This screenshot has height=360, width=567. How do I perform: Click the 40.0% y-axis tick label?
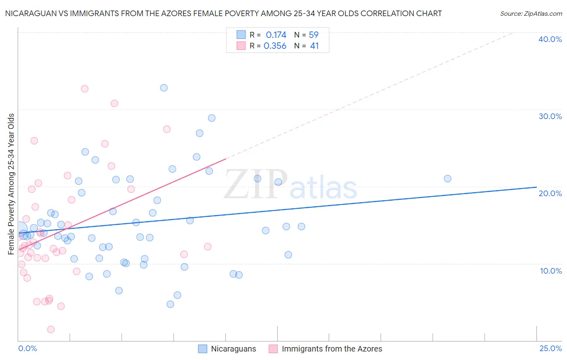(550, 39)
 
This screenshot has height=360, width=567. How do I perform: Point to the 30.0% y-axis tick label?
(550, 116)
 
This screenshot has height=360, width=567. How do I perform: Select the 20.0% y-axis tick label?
(550, 193)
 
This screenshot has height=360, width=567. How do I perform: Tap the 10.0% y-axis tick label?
(551, 271)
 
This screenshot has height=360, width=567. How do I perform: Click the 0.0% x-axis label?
(27, 349)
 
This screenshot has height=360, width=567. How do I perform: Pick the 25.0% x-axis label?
(550, 349)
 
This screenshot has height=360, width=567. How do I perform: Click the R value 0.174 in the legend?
(276, 35)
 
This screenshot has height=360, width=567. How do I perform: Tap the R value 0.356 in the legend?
(275, 46)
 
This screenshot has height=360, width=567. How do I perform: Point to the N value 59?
(314, 35)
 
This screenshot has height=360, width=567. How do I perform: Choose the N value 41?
(314, 46)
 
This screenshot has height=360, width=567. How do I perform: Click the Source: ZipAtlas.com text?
(531, 14)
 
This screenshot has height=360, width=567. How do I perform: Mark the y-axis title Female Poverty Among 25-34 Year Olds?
(11, 184)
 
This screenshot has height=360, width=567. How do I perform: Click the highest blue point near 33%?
(164, 88)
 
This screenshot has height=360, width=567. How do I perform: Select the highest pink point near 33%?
(85, 89)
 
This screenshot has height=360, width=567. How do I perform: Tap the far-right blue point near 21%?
(447, 179)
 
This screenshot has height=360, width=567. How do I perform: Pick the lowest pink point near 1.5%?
(51, 329)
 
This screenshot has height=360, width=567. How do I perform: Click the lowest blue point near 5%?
(170, 304)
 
